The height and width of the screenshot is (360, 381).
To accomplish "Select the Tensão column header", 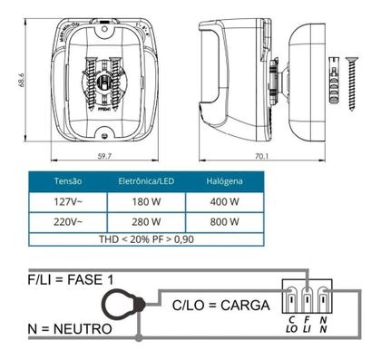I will (69, 180).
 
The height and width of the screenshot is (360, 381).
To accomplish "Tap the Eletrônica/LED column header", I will (146, 180).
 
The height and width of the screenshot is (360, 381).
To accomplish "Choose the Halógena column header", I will (222, 180).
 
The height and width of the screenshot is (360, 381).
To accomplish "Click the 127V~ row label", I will (69, 201).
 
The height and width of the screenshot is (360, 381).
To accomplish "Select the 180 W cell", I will (146, 201).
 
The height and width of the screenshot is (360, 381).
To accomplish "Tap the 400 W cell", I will (222, 201).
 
